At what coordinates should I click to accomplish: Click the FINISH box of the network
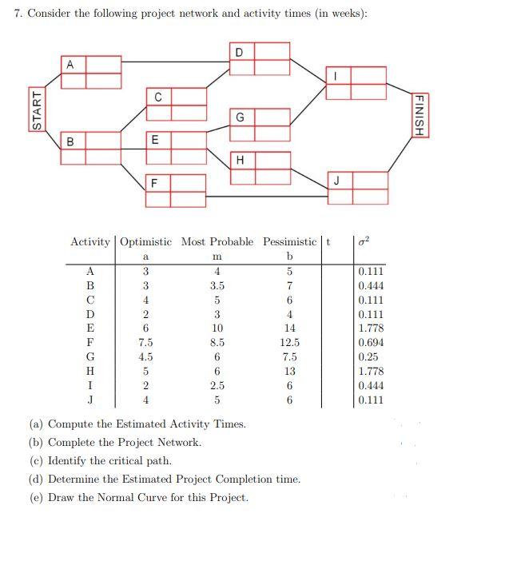(418, 114)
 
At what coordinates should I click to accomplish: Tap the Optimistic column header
(147, 241)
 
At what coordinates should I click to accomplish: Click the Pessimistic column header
(289, 241)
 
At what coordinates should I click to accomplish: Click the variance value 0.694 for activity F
(370, 341)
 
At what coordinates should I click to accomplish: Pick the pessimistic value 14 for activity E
(290, 328)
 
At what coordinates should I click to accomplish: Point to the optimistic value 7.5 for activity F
(145, 342)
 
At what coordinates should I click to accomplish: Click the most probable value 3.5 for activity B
(217, 285)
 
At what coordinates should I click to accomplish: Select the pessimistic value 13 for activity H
(290, 371)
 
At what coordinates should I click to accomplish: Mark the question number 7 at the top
(18, 15)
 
